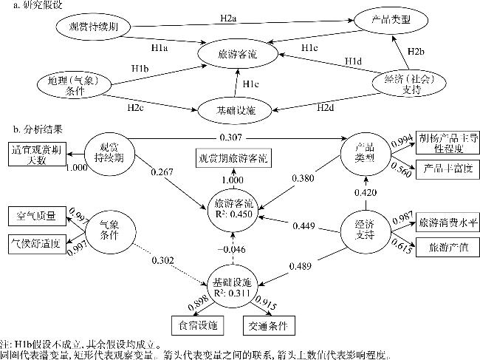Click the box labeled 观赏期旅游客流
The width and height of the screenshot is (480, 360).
click(233, 159)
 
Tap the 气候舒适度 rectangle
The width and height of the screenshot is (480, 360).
click(36, 241)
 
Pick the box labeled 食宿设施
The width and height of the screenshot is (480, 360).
click(194, 324)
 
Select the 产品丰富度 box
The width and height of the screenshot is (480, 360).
click(441, 169)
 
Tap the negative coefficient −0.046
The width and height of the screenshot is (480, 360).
click(231, 249)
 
